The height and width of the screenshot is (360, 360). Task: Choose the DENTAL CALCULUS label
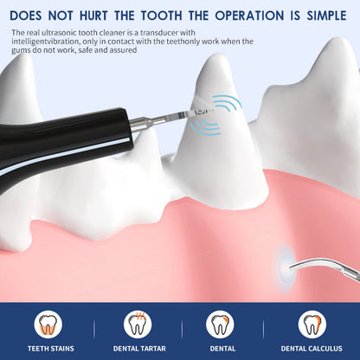tap(312, 348)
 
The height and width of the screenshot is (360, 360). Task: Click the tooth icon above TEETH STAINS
tap(48, 324)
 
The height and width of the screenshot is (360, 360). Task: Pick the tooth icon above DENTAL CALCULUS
tap(312, 324)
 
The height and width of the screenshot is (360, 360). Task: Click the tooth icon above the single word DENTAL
tap(223, 324)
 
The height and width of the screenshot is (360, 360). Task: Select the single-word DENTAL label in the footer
tap(223, 348)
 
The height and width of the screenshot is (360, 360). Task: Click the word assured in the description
tap(125, 50)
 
